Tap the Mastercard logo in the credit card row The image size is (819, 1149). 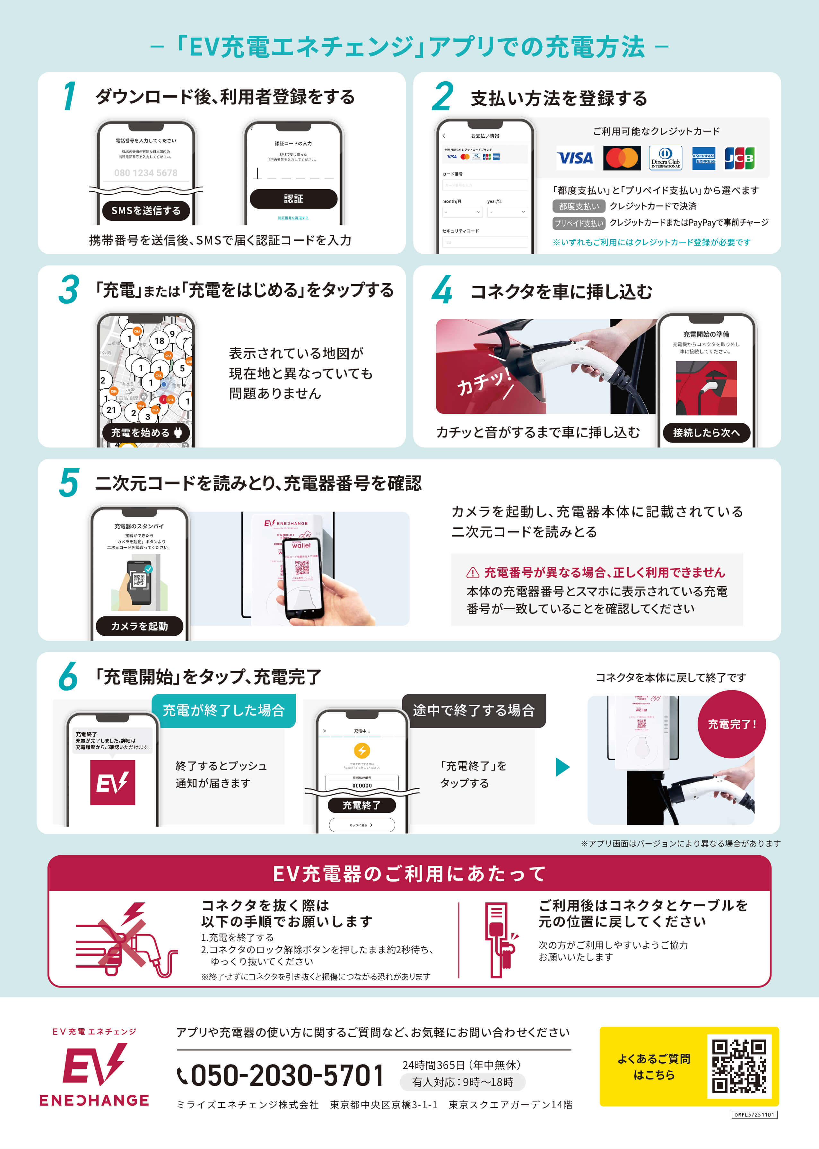pyautogui.click(x=621, y=158)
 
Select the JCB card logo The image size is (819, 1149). pyautogui.click(x=739, y=158)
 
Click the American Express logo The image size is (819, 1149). pyautogui.click(x=703, y=158)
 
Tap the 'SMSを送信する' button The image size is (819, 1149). pyautogui.click(x=146, y=211)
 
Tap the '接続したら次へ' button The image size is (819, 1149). pyautogui.click(x=706, y=432)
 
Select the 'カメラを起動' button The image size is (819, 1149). pyautogui.click(x=139, y=626)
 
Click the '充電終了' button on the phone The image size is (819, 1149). pyautogui.click(x=362, y=805)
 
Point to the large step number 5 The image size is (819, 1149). pyautogui.click(x=69, y=483)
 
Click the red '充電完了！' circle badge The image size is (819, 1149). pyautogui.click(x=731, y=725)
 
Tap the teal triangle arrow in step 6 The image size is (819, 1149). pyautogui.click(x=562, y=767)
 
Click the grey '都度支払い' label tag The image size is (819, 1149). pyautogui.click(x=579, y=206)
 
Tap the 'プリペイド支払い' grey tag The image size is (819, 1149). pyautogui.click(x=579, y=223)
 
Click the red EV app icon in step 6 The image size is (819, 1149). pyautogui.click(x=112, y=782)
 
